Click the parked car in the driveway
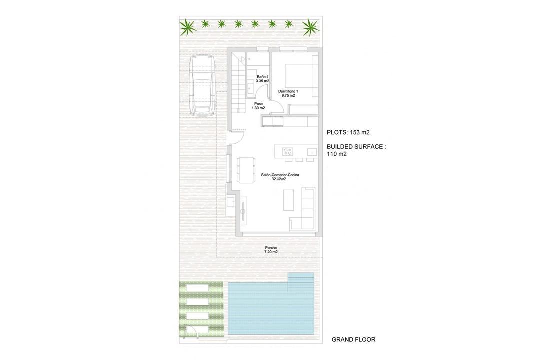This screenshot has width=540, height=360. coord(202,85)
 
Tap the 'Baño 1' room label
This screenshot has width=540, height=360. coord(262,77)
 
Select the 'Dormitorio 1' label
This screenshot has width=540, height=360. coord(288,91)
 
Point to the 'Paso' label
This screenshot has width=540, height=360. coord(258,104)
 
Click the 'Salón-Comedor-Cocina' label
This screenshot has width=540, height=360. coord(280,175)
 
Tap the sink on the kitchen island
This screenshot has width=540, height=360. coord(311,152)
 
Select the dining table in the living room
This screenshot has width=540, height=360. coord(246,170)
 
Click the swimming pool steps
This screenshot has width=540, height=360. coord(301,282)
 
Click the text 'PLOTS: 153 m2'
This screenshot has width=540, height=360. coord(348,132)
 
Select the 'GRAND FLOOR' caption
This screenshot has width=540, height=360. coord(353,340)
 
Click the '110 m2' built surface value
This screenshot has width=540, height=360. coord(337,154)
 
